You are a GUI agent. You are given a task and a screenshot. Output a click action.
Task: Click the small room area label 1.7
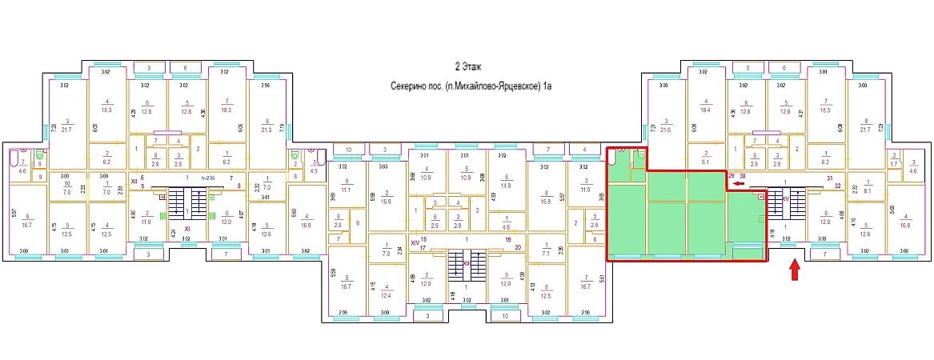coord(871,165)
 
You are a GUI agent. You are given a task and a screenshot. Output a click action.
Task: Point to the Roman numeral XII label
coord(135,182)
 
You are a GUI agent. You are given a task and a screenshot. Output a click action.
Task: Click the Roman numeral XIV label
coord(415,241)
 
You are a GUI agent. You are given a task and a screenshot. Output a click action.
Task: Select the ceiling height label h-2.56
coord(207,177)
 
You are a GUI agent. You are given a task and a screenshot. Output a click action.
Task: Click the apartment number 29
coord(731,175)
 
